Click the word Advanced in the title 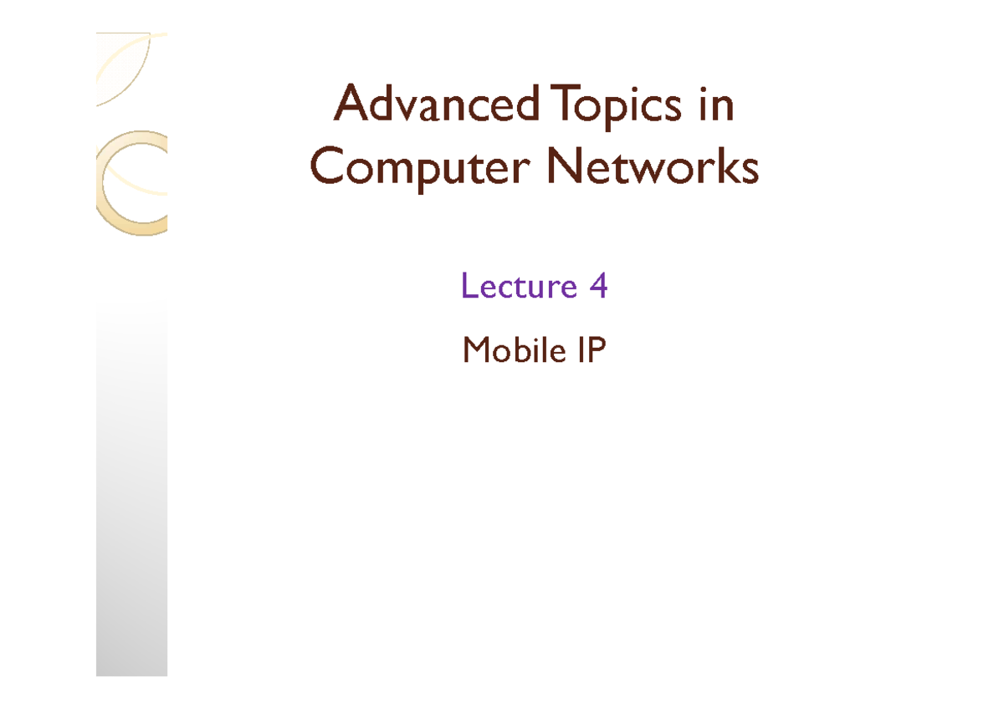[437, 103]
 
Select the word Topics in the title [616, 107]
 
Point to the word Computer [420, 169]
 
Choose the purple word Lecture [519, 285]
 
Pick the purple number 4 [598, 285]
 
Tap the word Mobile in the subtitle [514, 349]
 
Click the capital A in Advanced [351, 103]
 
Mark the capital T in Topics [565, 103]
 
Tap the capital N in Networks [565, 166]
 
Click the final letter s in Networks [750, 171]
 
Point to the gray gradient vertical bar [132, 488]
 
